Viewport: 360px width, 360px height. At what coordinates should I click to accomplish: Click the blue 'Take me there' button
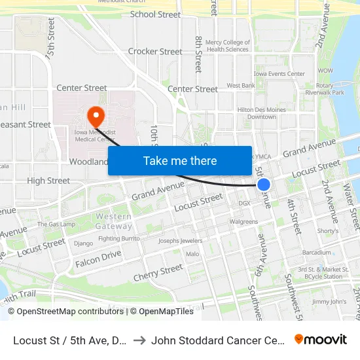pos(180,160)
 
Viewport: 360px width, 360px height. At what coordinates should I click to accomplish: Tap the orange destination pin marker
pos(96,117)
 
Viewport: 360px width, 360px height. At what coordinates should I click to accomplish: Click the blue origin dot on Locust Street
pos(264,185)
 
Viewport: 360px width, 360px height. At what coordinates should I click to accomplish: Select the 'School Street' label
pos(155,14)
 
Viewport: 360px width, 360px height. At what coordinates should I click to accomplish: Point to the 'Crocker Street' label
pos(155,52)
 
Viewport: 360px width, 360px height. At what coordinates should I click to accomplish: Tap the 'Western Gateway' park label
pos(113,221)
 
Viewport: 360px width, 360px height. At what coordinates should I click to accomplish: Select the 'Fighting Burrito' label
pos(118,239)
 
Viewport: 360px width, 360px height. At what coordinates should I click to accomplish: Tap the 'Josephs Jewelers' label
pos(180,241)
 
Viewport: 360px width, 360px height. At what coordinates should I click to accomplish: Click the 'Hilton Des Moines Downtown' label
pos(257,113)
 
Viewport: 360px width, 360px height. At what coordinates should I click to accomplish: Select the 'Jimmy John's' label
pos(329,302)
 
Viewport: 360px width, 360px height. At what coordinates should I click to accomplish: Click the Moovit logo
pos(321,339)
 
